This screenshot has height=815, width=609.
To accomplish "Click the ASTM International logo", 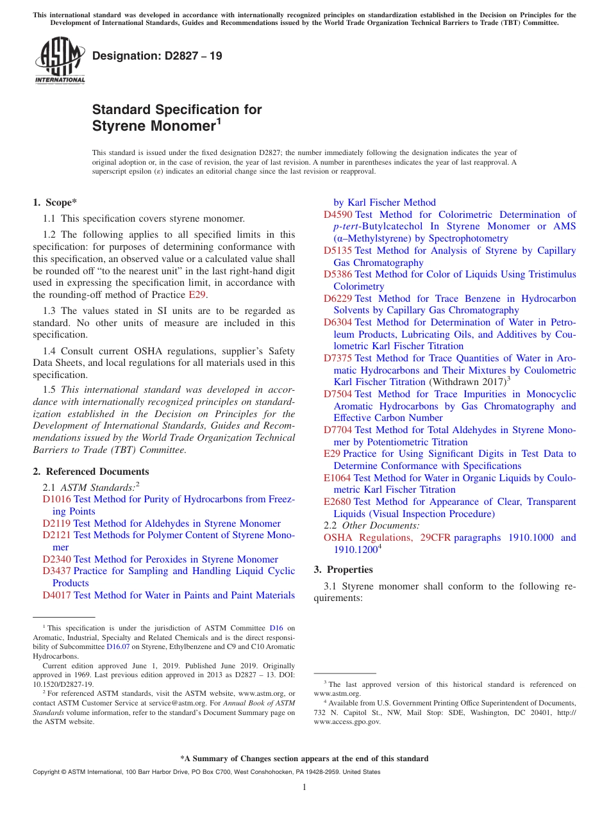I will [60, 60].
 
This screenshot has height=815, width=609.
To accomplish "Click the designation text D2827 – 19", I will [158, 56].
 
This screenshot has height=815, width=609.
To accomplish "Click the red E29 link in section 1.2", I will [197, 295].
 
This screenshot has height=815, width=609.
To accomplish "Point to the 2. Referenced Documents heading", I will [91, 472].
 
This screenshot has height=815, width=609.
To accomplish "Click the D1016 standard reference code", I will [56, 499].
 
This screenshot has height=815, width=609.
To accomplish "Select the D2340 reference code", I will [56, 559].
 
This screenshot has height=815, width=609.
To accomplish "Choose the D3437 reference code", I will [56, 571].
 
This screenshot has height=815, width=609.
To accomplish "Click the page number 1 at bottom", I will [304, 787].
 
